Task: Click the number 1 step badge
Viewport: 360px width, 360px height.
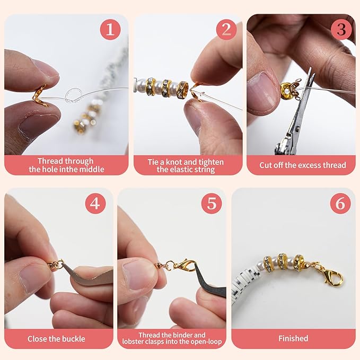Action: point(110,30)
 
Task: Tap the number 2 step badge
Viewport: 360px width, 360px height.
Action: point(226,30)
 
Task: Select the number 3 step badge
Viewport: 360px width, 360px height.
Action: point(341,30)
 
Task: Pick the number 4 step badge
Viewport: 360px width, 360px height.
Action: point(95,204)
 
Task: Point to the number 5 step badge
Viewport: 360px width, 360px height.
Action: point(211,204)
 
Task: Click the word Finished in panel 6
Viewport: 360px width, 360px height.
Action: point(294,338)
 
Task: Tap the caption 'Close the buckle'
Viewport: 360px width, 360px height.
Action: point(57,338)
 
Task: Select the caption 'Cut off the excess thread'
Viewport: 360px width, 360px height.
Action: point(302,165)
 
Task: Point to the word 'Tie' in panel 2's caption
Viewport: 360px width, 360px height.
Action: point(154,161)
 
